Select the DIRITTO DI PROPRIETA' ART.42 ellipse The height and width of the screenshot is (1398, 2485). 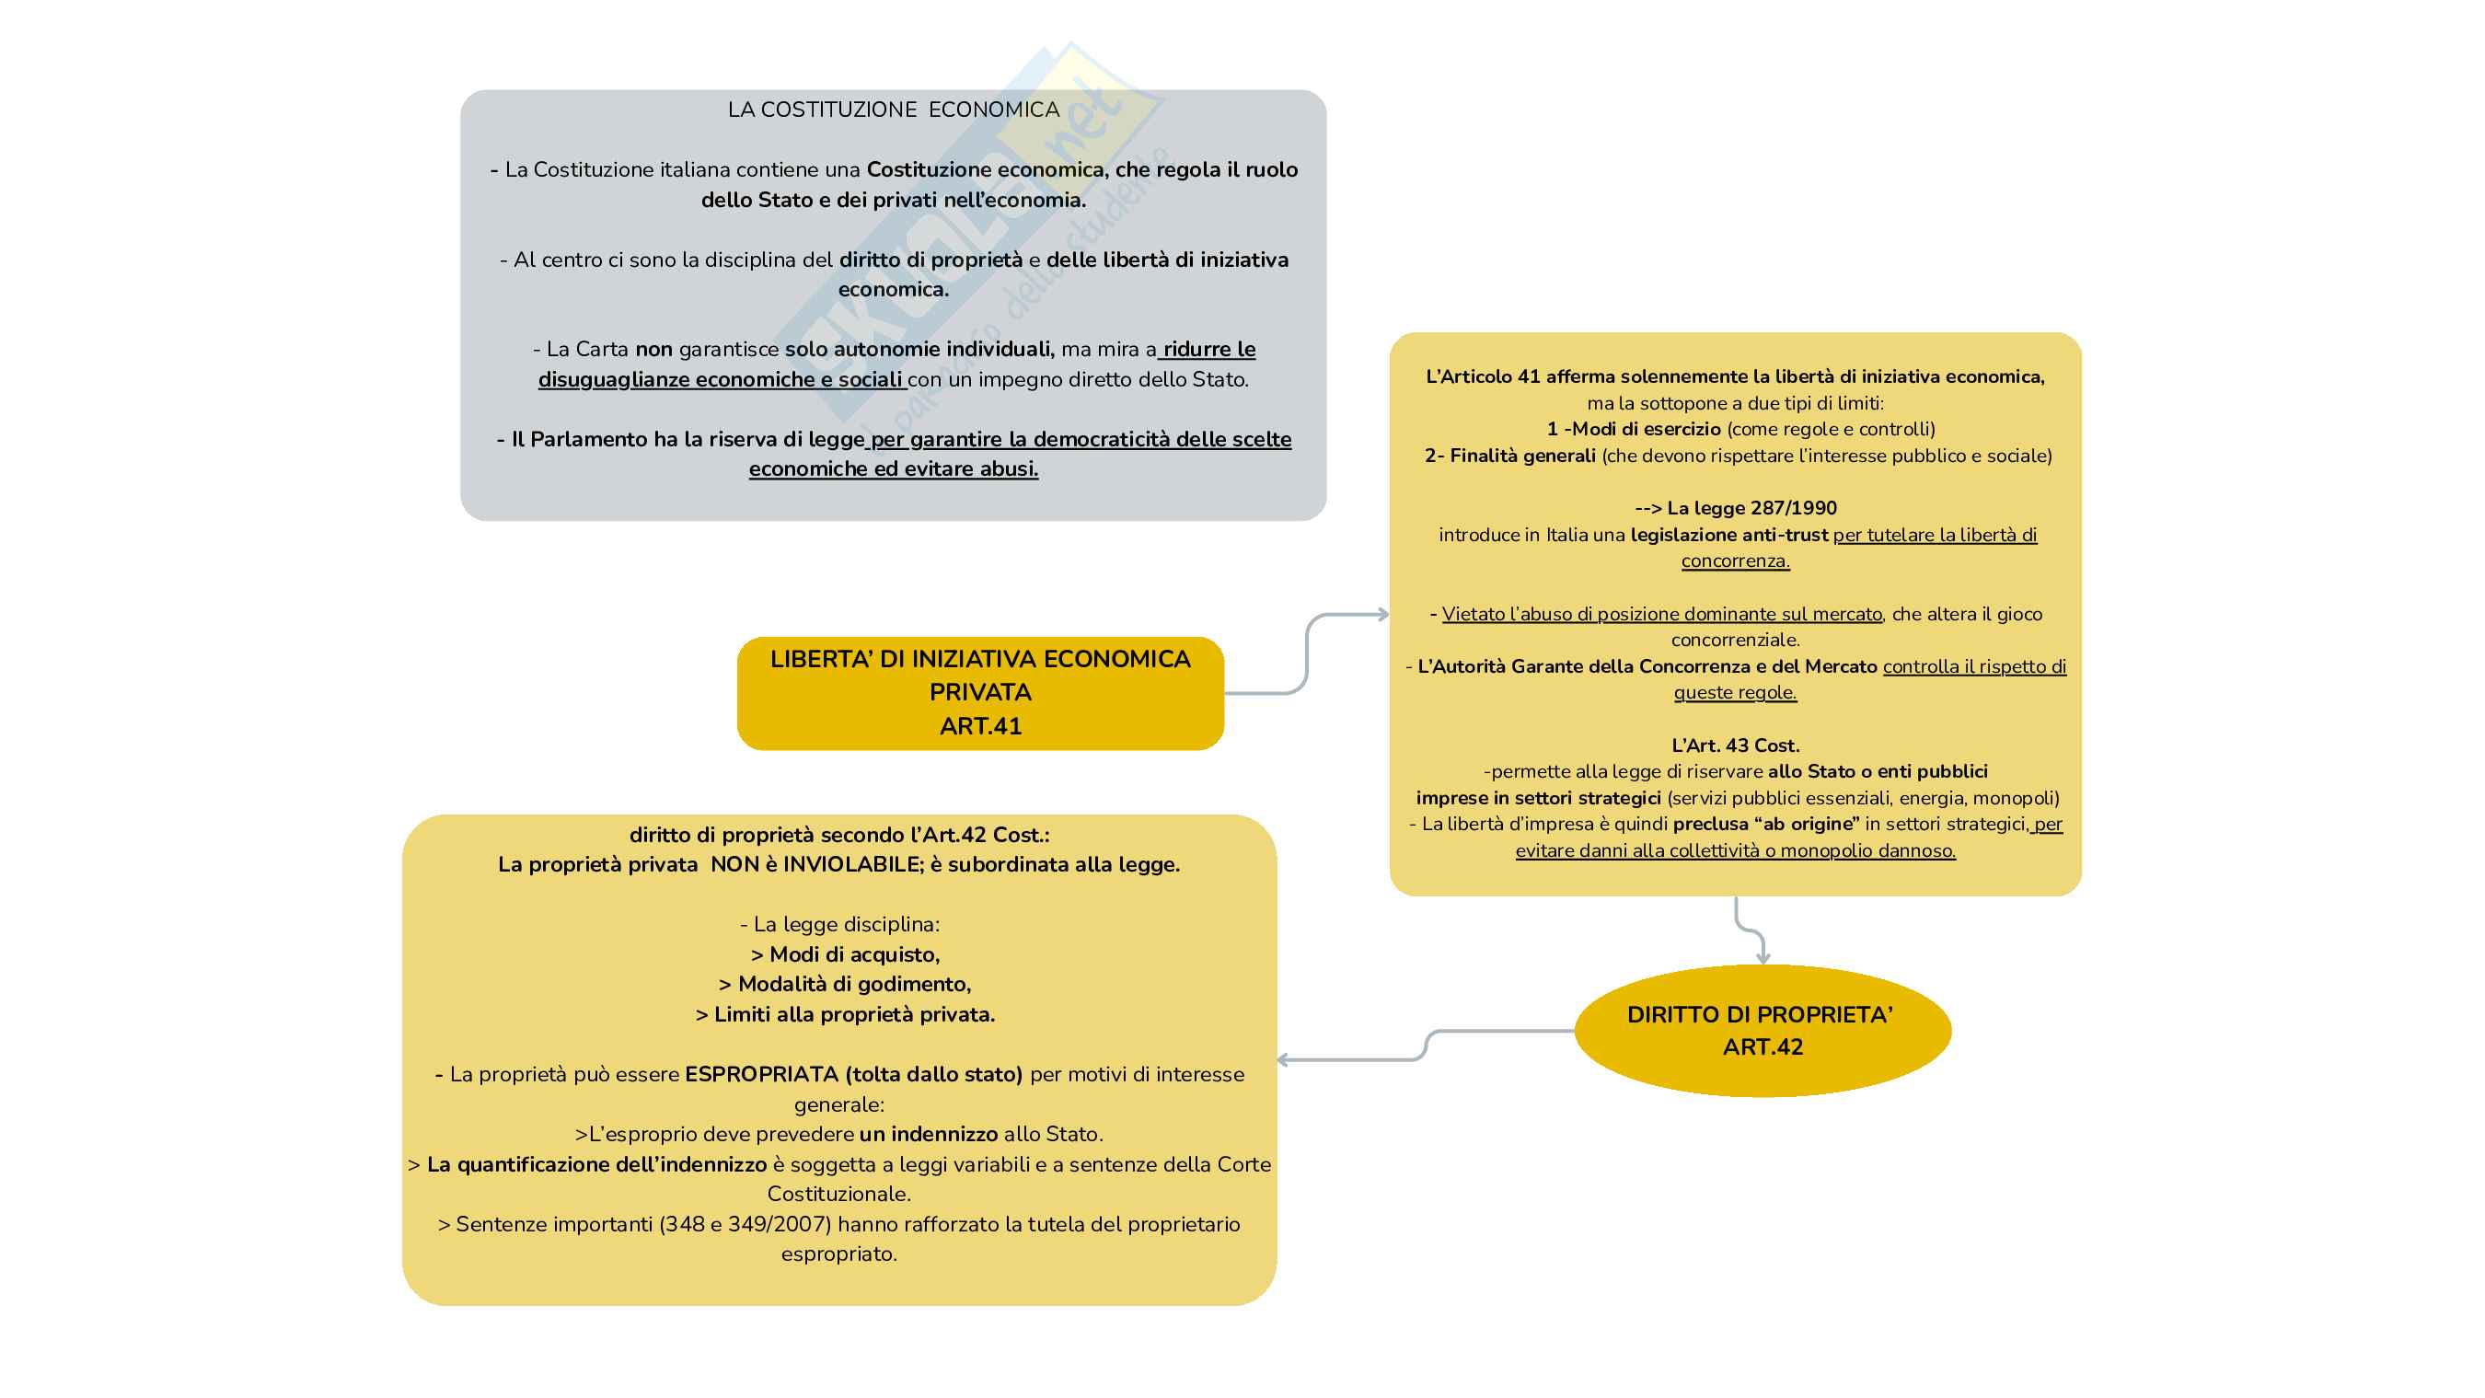click(1762, 1031)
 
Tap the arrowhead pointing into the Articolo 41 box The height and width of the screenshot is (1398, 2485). click(1383, 615)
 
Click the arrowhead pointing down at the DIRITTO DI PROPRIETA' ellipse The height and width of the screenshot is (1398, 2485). click(1763, 957)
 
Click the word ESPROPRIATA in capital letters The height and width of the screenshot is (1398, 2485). click(761, 1074)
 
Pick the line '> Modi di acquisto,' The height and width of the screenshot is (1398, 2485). click(845, 954)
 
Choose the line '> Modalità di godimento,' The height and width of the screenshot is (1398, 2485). click(845, 984)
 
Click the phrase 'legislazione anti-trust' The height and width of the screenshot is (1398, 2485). click(1728, 535)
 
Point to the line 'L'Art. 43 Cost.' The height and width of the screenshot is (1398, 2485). click(1736, 745)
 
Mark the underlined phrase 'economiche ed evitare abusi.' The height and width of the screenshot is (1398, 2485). click(894, 468)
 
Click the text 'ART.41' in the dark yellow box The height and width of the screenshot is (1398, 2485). click(980, 725)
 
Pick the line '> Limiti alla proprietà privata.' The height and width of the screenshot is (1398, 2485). click(845, 1014)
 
